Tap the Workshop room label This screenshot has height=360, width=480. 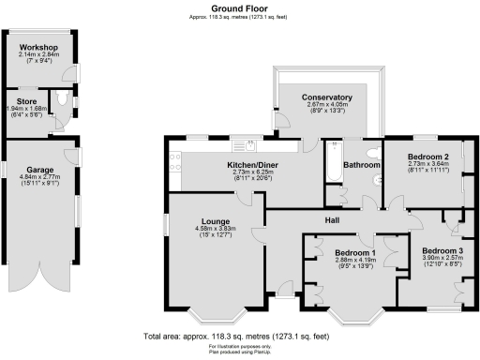tap(37, 47)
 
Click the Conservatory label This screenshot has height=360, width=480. tap(326, 97)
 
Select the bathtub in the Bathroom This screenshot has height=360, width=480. tap(333, 164)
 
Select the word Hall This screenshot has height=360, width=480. tap(332, 220)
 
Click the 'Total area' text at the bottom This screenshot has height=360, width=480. tap(235, 336)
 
